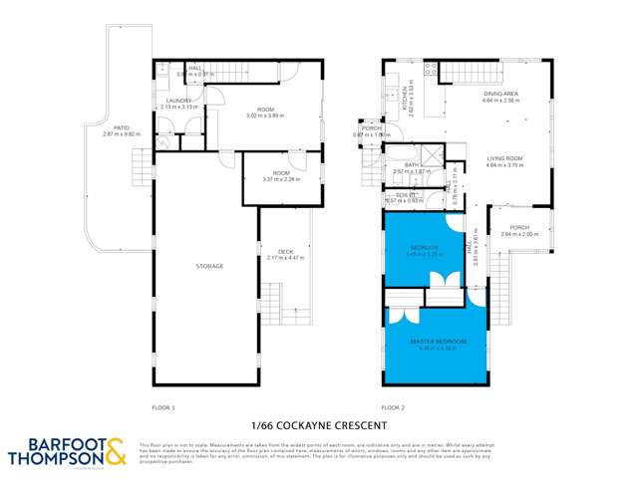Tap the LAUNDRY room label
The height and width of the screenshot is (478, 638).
(178, 101)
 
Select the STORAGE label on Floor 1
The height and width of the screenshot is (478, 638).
(208, 266)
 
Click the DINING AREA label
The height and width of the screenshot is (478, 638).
(500, 95)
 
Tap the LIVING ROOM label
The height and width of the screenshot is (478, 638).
(506, 159)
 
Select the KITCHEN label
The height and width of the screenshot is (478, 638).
(407, 98)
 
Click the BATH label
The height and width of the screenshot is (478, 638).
(411, 165)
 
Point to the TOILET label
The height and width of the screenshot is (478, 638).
(404, 194)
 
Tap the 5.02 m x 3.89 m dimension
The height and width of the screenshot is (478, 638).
(264, 116)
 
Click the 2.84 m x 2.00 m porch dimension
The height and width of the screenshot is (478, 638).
(519, 234)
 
